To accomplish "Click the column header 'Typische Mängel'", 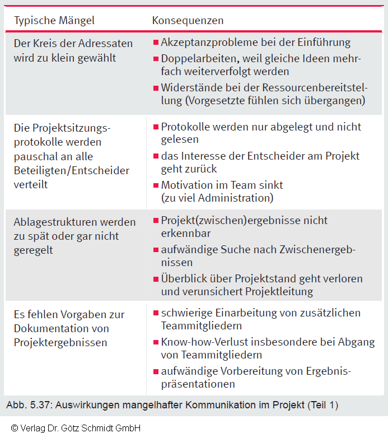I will (x=54, y=21).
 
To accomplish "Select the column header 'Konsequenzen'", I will (x=188, y=21).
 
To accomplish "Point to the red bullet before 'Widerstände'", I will (x=156, y=87).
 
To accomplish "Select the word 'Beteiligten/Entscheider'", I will (x=71, y=170).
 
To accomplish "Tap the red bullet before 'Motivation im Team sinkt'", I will (x=156, y=184).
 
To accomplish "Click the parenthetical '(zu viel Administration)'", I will (x=217, y=198).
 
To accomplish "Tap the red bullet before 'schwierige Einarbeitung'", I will (x=156, y=313).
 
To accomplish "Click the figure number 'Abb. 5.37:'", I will (x=27, y=404).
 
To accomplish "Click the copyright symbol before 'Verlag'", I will (x=14, y=427).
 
